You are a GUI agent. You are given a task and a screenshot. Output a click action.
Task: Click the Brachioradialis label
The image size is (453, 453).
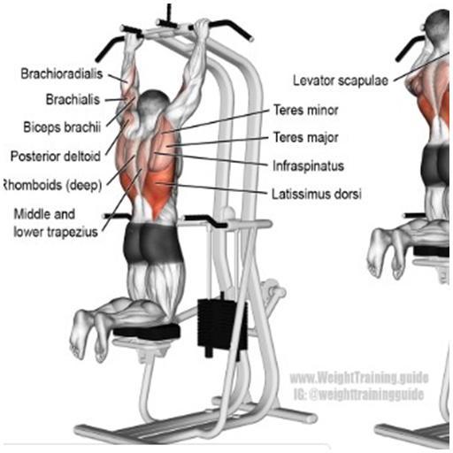pyautogui.click(x=62, y=73)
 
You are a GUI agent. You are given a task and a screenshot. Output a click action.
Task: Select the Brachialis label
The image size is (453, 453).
pyautogui.click(x=73, y=99)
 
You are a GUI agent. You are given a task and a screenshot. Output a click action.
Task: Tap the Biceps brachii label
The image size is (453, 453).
pyautogui.click(x=62, y=127)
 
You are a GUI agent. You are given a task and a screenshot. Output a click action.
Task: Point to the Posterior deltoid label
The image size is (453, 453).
pyautogui.click(x=56, y=156)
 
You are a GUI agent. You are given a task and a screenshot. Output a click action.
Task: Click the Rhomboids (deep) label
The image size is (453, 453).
pyautogui.click(x=52, y=185)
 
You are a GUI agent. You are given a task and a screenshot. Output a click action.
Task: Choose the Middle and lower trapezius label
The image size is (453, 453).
pyautogui.click(x=56, y=223)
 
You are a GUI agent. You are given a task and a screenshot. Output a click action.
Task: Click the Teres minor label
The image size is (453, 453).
pyautogui.click(x=306, y=110)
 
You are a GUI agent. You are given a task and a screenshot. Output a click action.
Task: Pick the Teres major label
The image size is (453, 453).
pyautogui.click(x=306, y=137)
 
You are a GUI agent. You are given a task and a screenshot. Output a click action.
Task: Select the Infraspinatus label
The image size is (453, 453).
pyautogui.click(x=308, y=165)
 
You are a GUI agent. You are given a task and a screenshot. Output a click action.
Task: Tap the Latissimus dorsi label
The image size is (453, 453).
pyautogui.click(x=317, y=194)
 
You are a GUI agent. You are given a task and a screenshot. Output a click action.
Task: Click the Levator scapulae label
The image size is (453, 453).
pyautogui.click(x=341, y=81)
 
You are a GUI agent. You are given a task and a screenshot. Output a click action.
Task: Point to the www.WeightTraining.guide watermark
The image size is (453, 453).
pyautogui.click(x=359, y=378)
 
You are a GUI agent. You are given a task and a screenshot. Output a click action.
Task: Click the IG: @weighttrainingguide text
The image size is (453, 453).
pyautogui.click(x=358, y=394)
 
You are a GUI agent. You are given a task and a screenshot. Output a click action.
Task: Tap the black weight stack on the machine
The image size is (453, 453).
pyautogui.click(x=222, y=326)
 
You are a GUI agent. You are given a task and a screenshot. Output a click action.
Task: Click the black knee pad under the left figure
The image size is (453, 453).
pyautogui.click(x=147, y=330)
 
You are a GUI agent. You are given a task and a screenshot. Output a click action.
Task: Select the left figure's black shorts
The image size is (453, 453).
pyautogui.click(x=153, y=242)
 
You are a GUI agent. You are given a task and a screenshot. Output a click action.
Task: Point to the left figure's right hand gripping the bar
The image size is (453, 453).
pyautogui.click(x=203, y=30)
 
